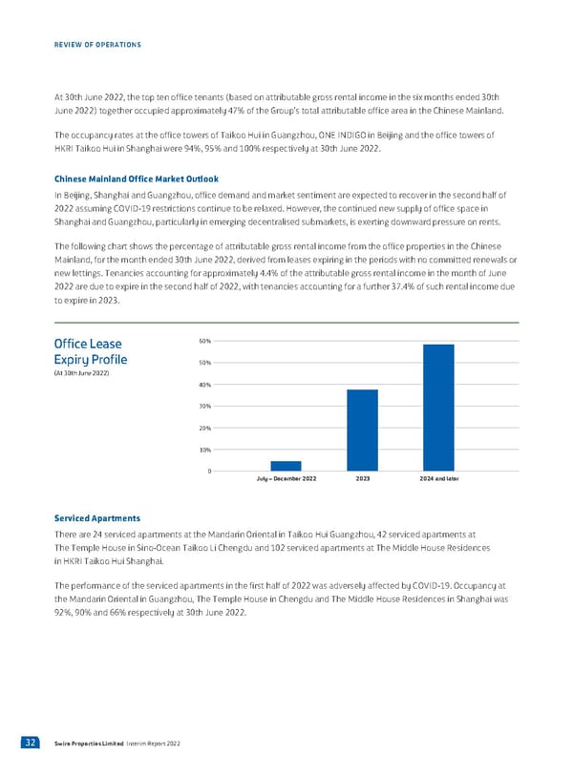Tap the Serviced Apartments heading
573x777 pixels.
coord(97,518)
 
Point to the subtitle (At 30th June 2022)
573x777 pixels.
coord(82,372)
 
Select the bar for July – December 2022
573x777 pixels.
coord(286,466)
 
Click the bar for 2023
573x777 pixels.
coord(362,430)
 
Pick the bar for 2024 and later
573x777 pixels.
coord(438,407)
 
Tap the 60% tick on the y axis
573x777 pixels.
coord(205,341)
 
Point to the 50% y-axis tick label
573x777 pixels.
coord(205,363)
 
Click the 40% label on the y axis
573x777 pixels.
coord(205,385)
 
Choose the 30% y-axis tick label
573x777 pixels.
coord(205,407)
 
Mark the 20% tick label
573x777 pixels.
coord(205,428)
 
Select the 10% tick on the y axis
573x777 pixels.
coord(205,450)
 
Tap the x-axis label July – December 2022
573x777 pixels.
coord(286,478)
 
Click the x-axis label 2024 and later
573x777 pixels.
coord(438,478)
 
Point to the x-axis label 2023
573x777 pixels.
coord(362,478)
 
